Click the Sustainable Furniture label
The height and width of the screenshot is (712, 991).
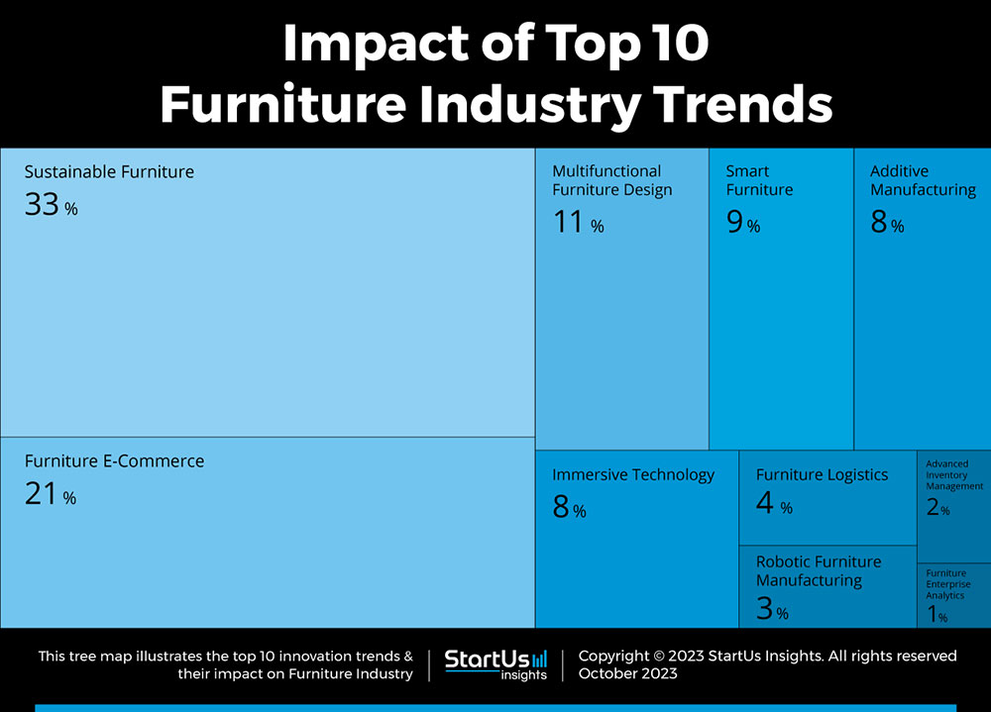tap(109, 172)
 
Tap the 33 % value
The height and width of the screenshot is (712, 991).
tap(51, 205)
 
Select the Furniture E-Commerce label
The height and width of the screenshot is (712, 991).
tap(114, 461)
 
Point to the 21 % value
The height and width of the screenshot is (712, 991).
tap(50, 494)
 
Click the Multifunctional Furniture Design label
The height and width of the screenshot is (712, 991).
tap(611, 180)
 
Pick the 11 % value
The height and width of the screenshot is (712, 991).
tap(578, 223)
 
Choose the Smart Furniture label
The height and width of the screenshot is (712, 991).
tap(759, 180)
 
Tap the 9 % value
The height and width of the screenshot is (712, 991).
tap(742, 223)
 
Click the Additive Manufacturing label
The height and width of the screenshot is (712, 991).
tap(923, 180)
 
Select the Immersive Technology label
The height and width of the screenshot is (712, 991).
tap(633, 475)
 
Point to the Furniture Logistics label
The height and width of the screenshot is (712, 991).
tap(822, 475)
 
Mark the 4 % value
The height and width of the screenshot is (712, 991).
tap(774, 504)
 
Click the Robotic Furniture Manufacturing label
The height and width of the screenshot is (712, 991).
tap(819, 571)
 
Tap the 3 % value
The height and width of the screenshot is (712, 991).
tap(772, 609)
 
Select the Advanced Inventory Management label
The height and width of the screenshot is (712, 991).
tap(953, 475)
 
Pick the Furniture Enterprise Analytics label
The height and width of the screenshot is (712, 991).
tap(948, 584)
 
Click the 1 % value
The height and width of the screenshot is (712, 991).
tap(936, 616)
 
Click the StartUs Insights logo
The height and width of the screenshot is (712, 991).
tap(495, 663)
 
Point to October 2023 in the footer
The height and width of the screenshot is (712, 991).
tap(627, 673)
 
